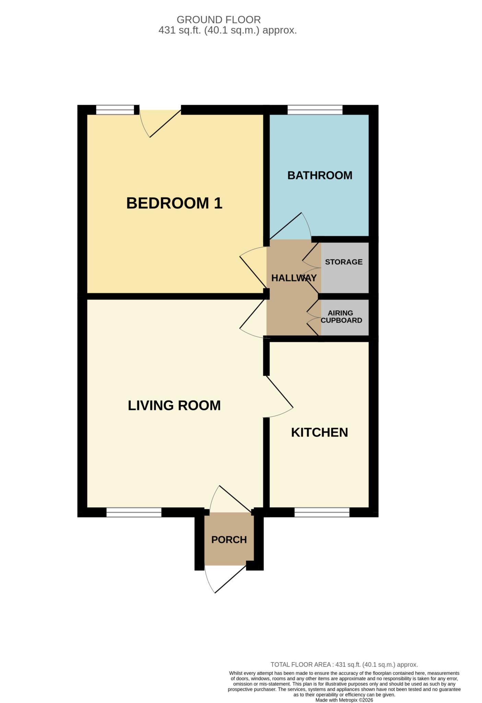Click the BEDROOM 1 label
(174, 203)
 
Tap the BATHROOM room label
(320, 175)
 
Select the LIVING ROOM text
(174, 405)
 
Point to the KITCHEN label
(319, 432)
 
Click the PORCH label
(229, 540)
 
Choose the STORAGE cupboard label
(344, 262)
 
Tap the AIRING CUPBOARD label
(341, 316)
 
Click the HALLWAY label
(294, 278)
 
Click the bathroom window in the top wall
(315, 110)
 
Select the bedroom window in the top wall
(115, 110)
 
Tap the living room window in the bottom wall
(134, 512)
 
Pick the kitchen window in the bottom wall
(322, 512)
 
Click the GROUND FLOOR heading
(219, 20)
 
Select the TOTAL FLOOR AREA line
(344, 665)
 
